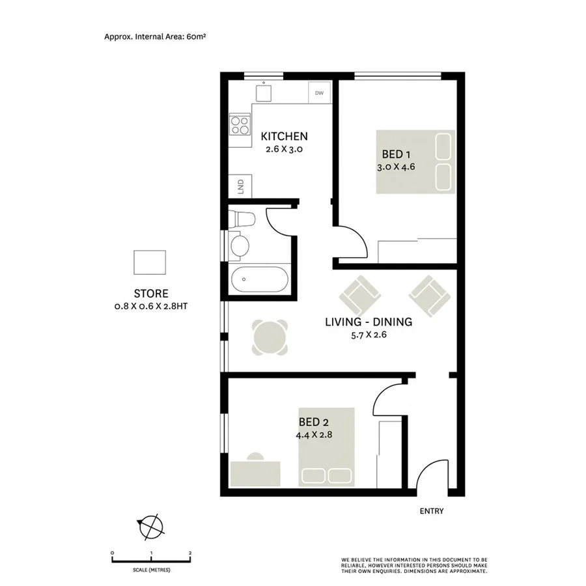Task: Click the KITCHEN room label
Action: pos(284,137)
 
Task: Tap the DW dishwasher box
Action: pos(319,93)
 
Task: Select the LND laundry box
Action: pos(240,188)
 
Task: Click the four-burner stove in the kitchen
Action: pos(240,124)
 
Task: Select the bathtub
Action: pos(258,280)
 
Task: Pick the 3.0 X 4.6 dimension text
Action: pos(396,167)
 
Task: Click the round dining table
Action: pos(270,337)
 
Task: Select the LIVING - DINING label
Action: pos(369,322)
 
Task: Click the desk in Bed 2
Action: pos(256,472)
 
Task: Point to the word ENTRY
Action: pos(432,511)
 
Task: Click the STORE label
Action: pos(151,294)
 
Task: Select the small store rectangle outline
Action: pos(150,263)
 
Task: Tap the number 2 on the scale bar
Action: pos(190,553)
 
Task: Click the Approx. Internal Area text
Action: pos(155,37)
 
